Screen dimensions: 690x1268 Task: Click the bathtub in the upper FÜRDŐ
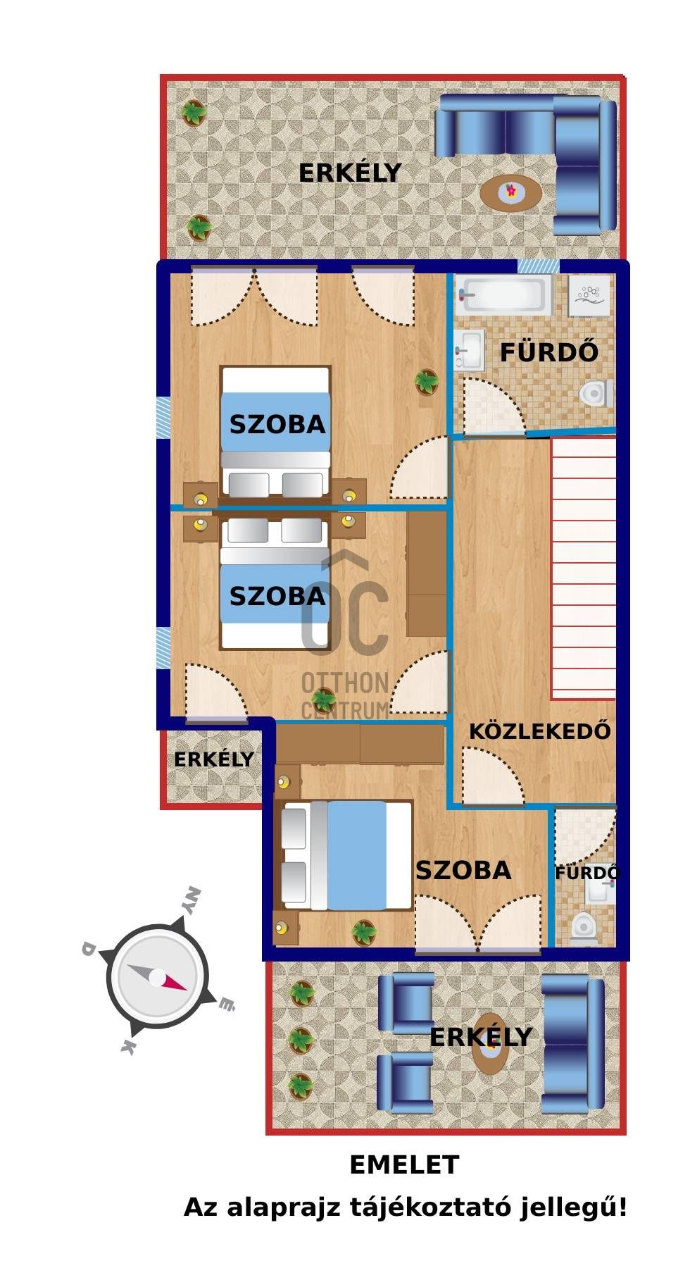coord(503,294)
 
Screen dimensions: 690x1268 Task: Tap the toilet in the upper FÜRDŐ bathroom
coord(597,394)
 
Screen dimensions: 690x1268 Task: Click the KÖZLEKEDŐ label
coord(540,731)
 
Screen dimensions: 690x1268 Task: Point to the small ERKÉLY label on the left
coord(214,759)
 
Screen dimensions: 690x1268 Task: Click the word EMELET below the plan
coord(404,1165)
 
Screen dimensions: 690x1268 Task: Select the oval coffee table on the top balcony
coord(511,192)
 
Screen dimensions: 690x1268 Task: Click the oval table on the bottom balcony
coord(490,1044)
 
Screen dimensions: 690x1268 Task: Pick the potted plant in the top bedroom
coord(426,382)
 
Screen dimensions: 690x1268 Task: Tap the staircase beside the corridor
coord(584,568)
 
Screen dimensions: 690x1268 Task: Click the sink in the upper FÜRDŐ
coord(470,350)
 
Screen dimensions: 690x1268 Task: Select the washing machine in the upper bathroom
coord(590,294)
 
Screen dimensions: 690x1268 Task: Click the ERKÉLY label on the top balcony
coord(350,173)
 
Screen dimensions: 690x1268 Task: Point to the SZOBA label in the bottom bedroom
coord(463,871)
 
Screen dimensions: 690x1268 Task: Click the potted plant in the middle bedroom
coord(324,700)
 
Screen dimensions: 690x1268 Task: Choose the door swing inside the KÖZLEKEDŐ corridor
coord(492,776)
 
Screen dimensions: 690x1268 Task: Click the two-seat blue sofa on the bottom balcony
coord(573,1044)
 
